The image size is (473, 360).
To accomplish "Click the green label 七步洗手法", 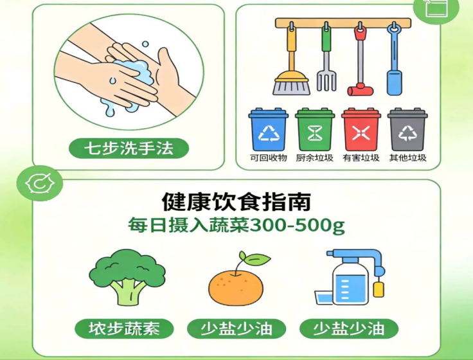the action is (x=129, y=148).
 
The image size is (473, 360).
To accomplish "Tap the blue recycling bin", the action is (x=268, y=129).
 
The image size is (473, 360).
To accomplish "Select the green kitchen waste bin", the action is (x=315, y=129).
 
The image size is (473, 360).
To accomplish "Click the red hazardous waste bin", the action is (x=361, y=129).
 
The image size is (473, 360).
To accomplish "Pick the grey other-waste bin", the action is (x=407, y=129).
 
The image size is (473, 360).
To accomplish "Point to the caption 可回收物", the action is (x=268, y=157).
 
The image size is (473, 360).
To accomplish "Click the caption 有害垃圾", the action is (x=361, y=157).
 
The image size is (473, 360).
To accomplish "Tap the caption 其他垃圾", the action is (x=407, y=157).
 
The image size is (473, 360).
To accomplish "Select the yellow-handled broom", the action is (x=291, y=60).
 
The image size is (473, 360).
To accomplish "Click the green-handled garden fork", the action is (x=326, y=57).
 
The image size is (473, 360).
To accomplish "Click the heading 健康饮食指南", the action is (x=236, y=202).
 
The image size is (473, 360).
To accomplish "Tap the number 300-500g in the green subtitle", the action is (x=298, y=226).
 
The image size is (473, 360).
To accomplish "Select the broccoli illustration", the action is (x=127, y=277).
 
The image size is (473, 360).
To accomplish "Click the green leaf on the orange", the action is (x=257, y=259).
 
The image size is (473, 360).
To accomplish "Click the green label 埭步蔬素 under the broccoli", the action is (x=124, y=328).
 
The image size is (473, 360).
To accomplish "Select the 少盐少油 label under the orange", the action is (x=236, y=328).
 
